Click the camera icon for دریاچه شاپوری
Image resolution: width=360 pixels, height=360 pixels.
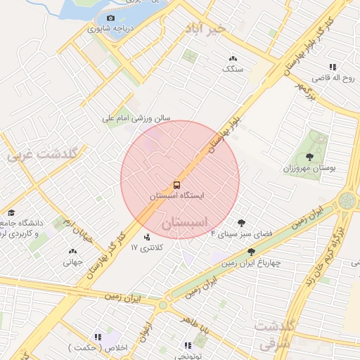click(x=110, y=18)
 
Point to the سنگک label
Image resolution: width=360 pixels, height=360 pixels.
click(x=232, y=69)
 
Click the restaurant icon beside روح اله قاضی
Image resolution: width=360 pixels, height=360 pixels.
click(x=333, y=67)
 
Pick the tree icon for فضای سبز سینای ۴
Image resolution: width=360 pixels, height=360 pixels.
click(x=242, y=221)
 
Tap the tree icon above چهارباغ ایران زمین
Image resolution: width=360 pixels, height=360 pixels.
click(x=251, y=251)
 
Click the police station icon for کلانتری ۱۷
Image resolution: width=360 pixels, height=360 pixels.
click(x=146, y=237)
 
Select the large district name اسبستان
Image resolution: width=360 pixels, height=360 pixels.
click(x=186, y=223)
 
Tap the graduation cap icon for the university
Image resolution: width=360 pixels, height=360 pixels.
click(x=11, y=212)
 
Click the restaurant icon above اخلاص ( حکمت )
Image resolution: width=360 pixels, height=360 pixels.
click(x=98, y=337)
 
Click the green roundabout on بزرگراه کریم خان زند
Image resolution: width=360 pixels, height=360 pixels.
click(x=347, y=200)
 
